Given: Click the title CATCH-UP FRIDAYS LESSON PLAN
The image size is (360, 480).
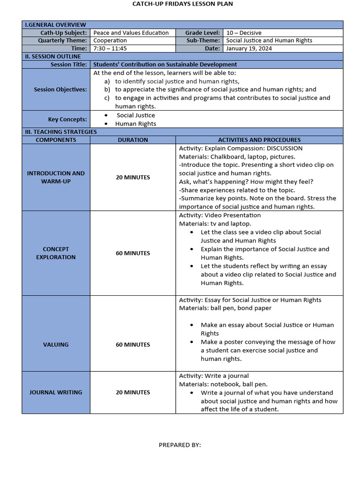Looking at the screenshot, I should [x=182, y=4].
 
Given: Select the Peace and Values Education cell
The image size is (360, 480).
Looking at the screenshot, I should [x=131, y=33].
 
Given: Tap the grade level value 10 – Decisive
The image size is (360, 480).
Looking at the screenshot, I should [x=243, y=33].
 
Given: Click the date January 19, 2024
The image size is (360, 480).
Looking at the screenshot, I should [x=248, y=48].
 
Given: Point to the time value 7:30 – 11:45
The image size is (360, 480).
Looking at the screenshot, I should [x=110, y=48].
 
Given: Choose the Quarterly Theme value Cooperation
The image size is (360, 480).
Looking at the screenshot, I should [x=110, y=41].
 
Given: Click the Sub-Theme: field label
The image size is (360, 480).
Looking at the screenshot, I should [x=202, y=41].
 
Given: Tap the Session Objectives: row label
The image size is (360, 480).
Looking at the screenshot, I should [x=60, y=90].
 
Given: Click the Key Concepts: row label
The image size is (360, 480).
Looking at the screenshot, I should [x=67, y=120].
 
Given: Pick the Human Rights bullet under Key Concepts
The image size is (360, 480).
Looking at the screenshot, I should [x=136, y=124].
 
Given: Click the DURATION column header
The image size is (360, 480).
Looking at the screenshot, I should [x=133, y=140].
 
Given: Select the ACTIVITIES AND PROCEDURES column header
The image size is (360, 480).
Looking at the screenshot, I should [x=259, y=140].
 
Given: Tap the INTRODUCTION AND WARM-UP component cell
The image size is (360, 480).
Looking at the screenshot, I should [x=56, y=177].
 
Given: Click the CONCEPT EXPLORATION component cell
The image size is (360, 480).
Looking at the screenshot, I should [x=56, y=253].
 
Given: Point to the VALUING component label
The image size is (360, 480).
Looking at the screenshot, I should [x=56, y=345].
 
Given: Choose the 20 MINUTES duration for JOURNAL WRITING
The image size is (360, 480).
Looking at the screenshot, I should [x=133, y=392].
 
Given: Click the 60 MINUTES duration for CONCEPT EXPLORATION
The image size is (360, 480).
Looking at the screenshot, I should [x=133, y=253].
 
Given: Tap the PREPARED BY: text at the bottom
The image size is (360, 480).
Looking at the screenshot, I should [x=180, y=445].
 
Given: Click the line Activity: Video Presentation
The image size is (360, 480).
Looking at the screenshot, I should [x=220, y=215].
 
